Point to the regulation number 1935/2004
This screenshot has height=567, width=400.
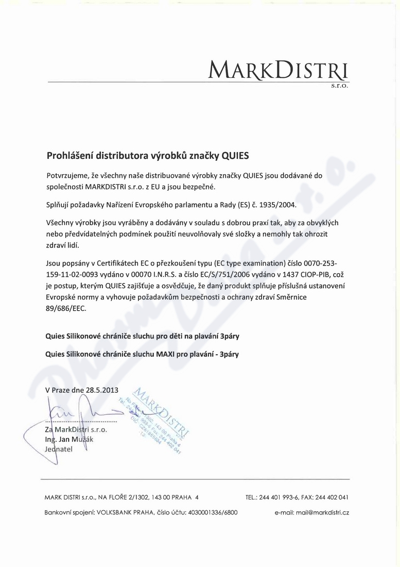278,205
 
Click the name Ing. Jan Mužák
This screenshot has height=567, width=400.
69,439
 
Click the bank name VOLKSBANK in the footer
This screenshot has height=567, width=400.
114,513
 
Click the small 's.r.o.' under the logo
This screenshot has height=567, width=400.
340,86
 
